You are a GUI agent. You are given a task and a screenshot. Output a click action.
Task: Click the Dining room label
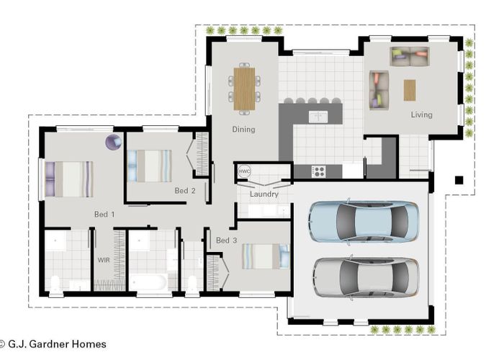point(243,130)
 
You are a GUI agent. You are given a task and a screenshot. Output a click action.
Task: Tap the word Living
point(421,114)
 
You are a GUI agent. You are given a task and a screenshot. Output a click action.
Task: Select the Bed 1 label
point(104,214)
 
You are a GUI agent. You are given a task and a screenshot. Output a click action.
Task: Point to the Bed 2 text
point(185,191)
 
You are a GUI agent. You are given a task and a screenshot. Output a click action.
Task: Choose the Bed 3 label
point(227,240)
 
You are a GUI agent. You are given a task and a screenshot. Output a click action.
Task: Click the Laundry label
point(264,194)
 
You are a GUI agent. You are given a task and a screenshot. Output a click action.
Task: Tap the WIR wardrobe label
point(104,258)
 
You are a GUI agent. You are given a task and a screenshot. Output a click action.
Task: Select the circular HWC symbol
point(244,171)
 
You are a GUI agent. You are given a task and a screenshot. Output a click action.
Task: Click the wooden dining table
point(244,88)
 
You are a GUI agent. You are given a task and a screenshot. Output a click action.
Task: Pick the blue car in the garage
point(364,222)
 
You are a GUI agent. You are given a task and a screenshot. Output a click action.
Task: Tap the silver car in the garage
point(365,277)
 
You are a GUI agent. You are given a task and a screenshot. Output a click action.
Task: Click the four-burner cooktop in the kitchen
point(318,171)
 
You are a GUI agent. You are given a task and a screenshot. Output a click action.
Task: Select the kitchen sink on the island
point(318,116)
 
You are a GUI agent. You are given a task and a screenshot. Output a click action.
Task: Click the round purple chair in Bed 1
point(113,142)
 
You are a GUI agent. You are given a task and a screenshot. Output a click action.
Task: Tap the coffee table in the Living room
point(410,90)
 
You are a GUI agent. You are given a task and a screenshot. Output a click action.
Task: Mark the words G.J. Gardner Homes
point(58,344)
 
